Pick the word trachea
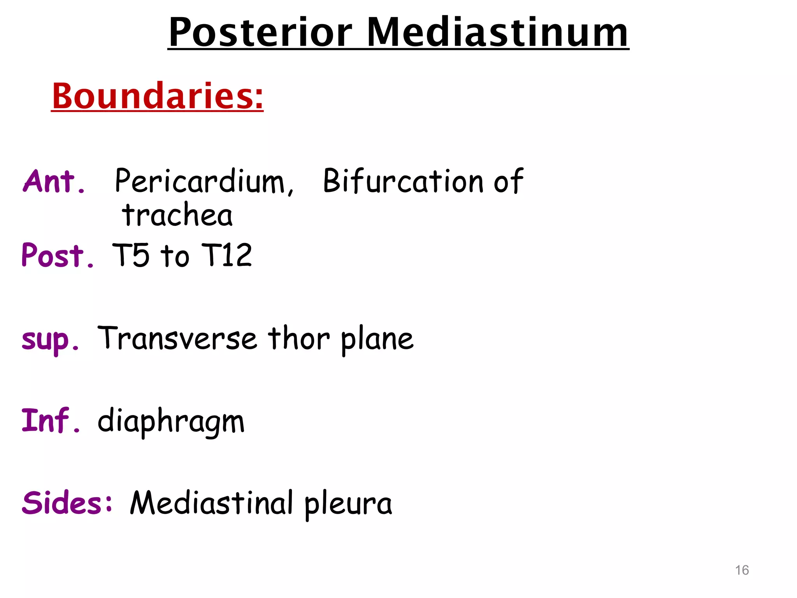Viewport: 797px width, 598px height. click(x=177, y=215)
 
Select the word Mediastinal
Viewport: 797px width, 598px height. click(x=211, y=503)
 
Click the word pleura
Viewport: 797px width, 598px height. click(x=348, y=505)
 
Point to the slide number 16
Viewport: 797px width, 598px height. click(x=742, y=570)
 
